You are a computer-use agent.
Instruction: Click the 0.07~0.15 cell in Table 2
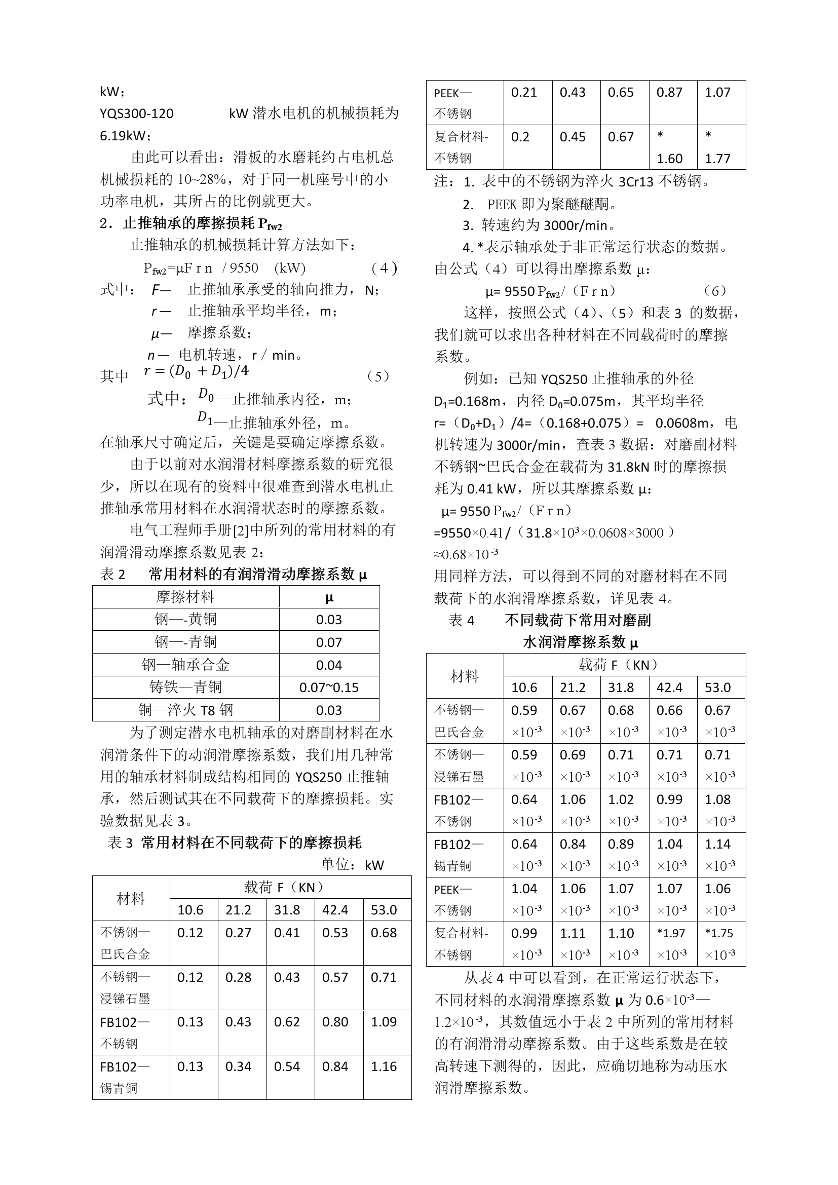tap(329, 687)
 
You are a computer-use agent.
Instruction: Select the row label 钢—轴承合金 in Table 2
tap(186, 665)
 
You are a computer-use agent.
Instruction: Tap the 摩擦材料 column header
tap(185, 597)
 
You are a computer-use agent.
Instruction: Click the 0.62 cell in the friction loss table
tap(287, 1022)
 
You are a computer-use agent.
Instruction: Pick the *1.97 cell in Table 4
tap(671, 933)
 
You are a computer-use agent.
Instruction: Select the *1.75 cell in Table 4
tap(719, 933)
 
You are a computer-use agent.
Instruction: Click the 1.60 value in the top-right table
tap(669, 159)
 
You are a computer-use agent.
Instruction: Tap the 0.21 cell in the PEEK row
tap(524, 92)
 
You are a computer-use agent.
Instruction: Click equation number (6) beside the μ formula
tap(715, 291)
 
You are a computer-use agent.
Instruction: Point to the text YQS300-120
tap(137, 113)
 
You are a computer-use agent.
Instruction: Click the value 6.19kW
tap(124, 136)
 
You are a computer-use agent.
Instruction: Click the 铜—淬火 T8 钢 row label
tap(186, 710)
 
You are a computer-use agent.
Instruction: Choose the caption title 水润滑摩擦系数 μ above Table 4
tap(581, 642)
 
